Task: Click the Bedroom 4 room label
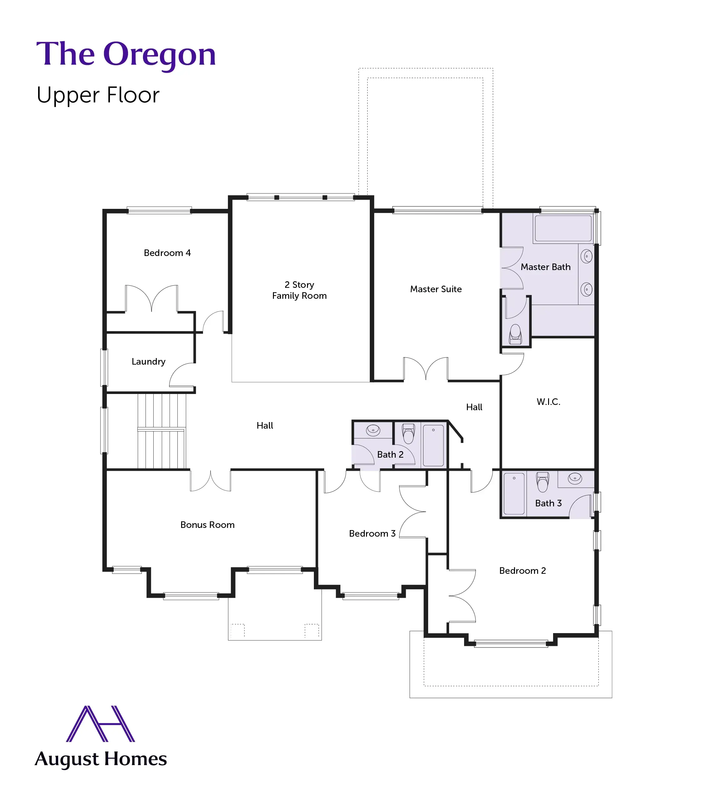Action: [x=167, y=253]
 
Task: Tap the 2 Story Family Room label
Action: [x=299, y=290]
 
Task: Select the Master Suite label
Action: [x=436, y=289]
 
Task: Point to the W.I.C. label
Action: [x=548, y=401]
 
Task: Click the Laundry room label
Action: [x=148, y=362]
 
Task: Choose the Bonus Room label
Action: [x=207, y=525]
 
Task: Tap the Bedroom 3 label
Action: [x=372, y=533]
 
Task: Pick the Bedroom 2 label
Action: [x=522, y=571]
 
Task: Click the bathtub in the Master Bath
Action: [x=563, y=228]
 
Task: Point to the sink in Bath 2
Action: [x=373, y=430]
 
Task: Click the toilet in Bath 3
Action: [x=542, y=482]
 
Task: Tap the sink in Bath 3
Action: [x=575, y=479]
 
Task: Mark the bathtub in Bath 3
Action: [x=514, y=493]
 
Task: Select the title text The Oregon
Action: [x=126, y=54]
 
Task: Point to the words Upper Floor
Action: [x=98, y=95]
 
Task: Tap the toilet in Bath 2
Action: [x=408, y=433]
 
